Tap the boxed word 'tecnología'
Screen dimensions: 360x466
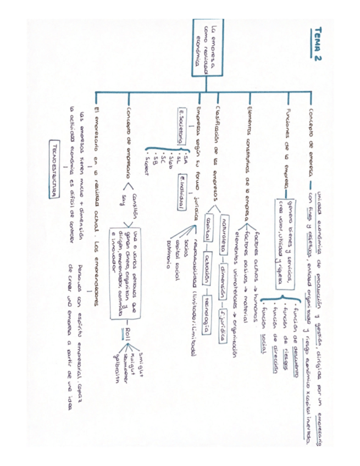point(208,312)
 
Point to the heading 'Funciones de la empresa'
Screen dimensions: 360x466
point(287,140)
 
